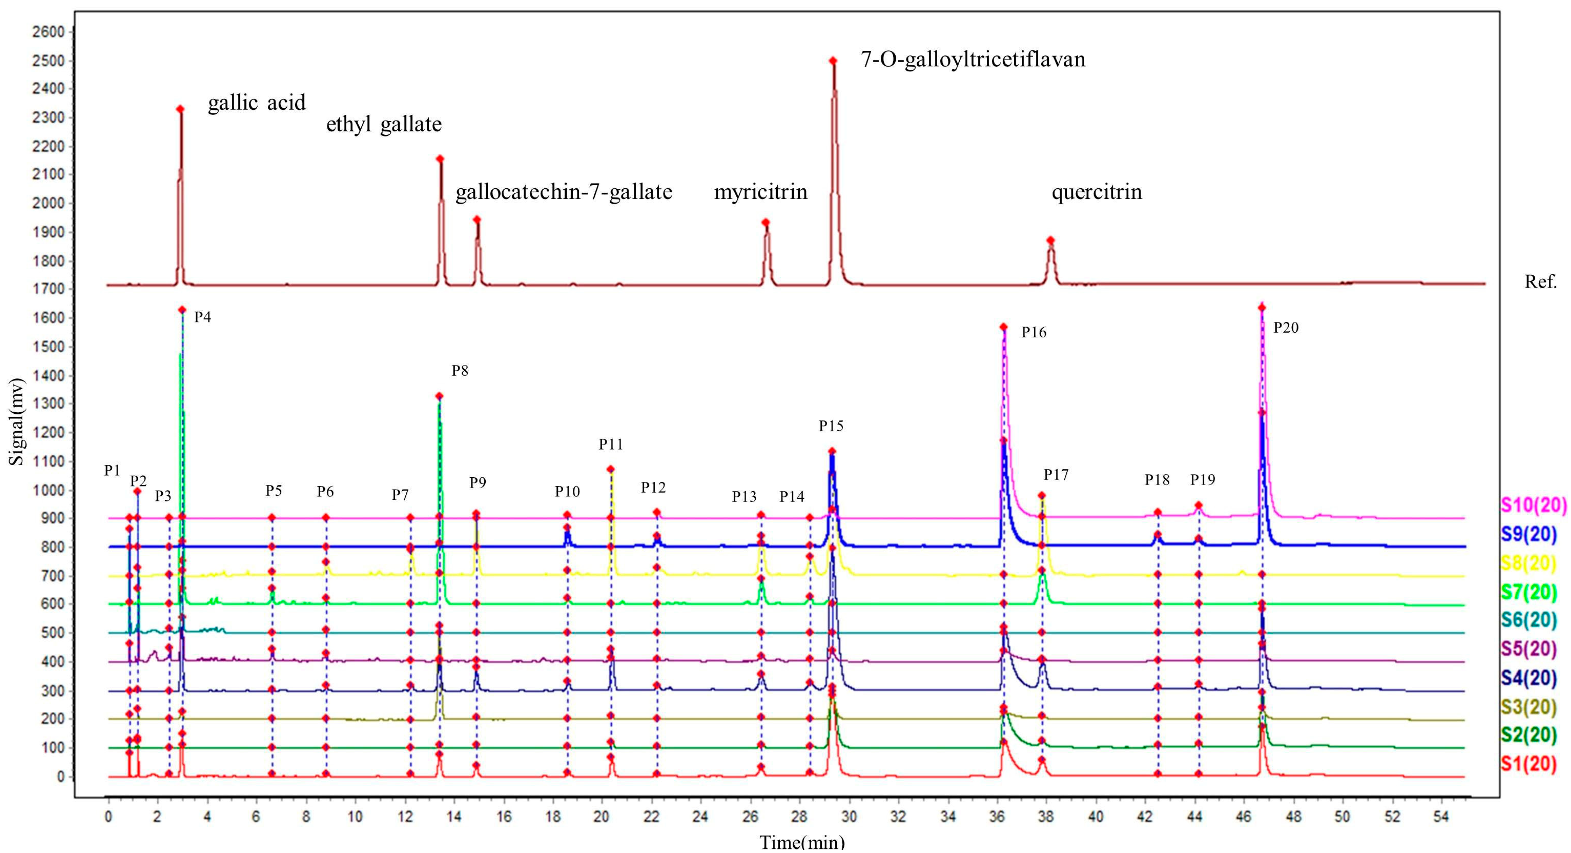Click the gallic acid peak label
[x=257, y=102]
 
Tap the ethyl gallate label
[x=384, y=124]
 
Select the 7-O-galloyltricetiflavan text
[x=973, y=59]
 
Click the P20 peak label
[x=1286, y=328]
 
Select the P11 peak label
[x=610, y=444]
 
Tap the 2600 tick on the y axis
[x=48, y=32]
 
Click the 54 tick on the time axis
[x=1441, y=816]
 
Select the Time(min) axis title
[x=802, y=843]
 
